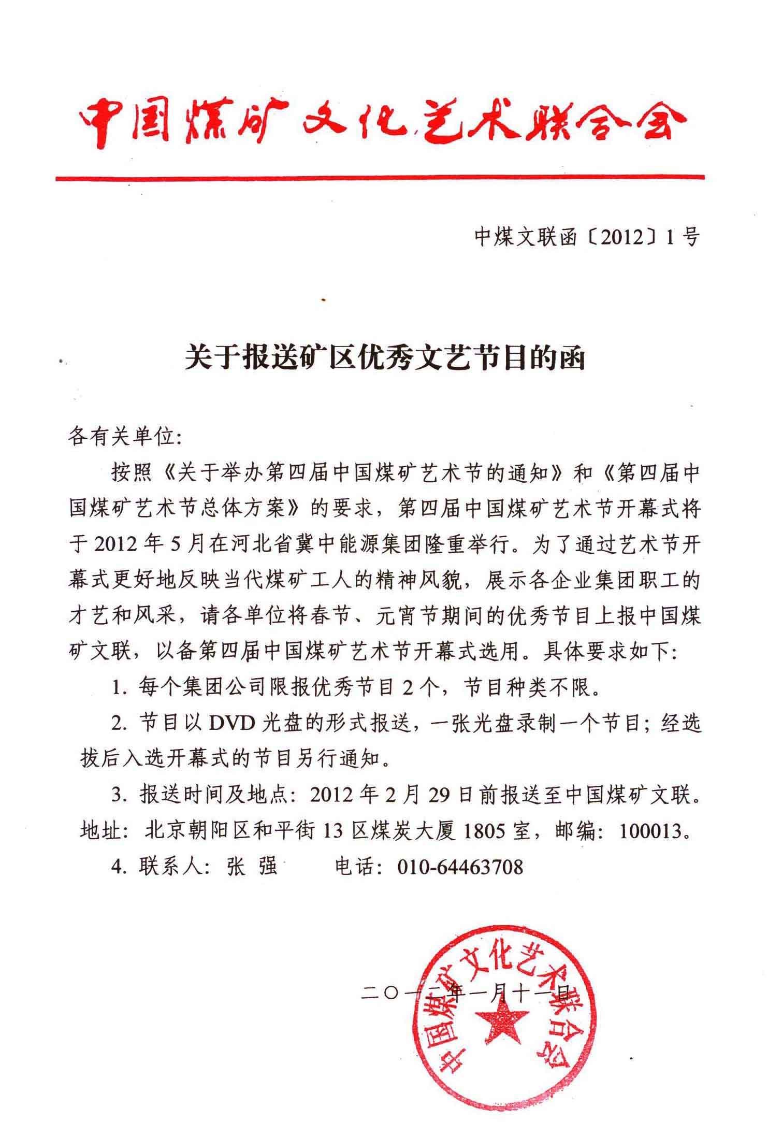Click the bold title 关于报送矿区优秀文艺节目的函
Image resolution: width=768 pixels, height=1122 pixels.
coord(384,358)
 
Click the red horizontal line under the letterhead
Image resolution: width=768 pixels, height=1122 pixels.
coord(381,178)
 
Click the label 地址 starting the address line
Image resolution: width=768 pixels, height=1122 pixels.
coord(101,831)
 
